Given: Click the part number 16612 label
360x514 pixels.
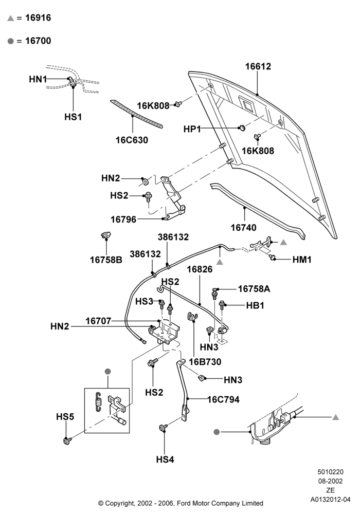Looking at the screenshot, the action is [x=258, y=66].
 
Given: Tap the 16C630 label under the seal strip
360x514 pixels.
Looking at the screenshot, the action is [x=132, y=140].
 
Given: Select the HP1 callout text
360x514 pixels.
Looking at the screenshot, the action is [x=192, y=129].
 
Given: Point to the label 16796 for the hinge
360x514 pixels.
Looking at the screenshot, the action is [x=123, y=219].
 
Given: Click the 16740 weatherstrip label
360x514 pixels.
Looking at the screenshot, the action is [x=244, y=228].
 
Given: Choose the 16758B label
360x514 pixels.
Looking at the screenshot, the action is [x=106, y=260].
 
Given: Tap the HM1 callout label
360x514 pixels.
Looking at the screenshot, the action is [x=302, y=260].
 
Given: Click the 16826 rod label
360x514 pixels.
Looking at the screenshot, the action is [x=200, y=269].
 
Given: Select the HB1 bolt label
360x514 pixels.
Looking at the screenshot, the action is [x=255, y=305].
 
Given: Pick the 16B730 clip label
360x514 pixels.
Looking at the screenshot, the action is [x=205, y=362].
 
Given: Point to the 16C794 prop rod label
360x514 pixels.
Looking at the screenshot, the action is [x=223, y=399].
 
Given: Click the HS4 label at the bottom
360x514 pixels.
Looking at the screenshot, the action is [x=165, y=460].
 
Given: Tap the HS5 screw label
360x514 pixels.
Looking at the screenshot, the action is [x=65, y=417].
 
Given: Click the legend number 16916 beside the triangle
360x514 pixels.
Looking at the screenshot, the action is [x=38, y=17].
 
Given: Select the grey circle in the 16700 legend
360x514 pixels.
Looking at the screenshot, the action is [x=11, y=41].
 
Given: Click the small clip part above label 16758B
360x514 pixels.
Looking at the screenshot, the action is [x=106, y=235].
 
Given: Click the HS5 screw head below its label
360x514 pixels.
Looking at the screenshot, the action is [x=67, y=440].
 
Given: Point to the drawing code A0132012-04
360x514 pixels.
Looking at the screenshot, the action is [x=331, y=500].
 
